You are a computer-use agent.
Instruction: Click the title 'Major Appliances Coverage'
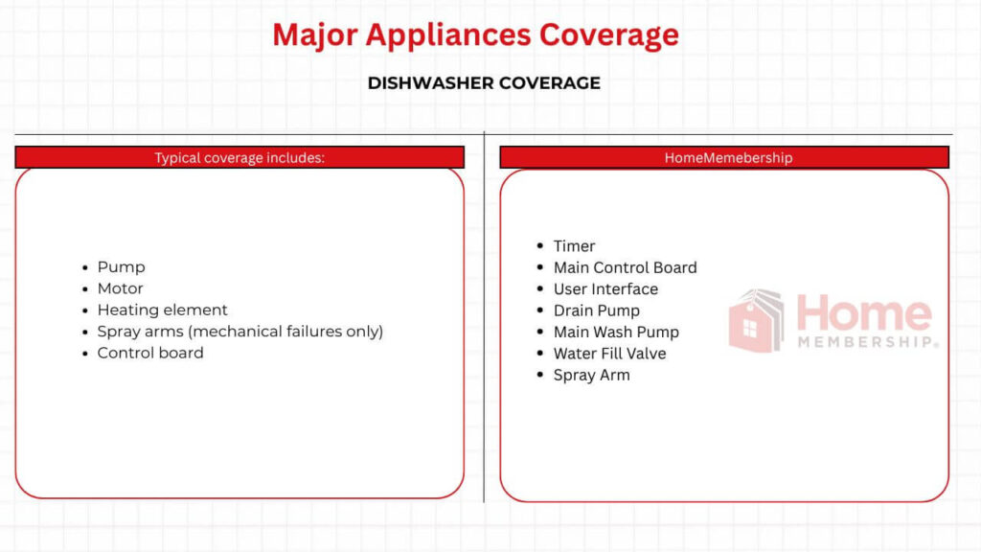coord(475,34)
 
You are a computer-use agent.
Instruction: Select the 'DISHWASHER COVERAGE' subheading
coord(484,83)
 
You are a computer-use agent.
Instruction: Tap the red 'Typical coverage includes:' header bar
coord(240,157)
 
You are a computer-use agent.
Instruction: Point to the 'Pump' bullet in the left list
coord(121,267)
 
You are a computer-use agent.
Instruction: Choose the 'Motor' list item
coord(120,288)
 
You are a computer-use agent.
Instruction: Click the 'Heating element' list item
coord(162,310)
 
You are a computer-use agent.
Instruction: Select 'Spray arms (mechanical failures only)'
coord(240,332)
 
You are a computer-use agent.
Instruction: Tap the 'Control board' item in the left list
coord(150,353)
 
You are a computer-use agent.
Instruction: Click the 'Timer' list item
coord(574,246)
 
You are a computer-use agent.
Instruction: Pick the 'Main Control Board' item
coord(625,267)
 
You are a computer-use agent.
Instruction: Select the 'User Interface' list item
coord(605,289)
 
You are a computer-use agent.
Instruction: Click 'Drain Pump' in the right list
coord(596,310)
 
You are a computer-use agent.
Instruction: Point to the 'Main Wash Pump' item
coord(616,333)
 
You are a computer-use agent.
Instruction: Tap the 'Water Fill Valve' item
coord(609,354)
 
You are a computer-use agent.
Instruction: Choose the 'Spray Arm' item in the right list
coord(591,376)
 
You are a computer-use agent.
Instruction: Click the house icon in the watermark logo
coord(756,321)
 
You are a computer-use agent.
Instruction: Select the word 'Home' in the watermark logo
coord(863,313)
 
